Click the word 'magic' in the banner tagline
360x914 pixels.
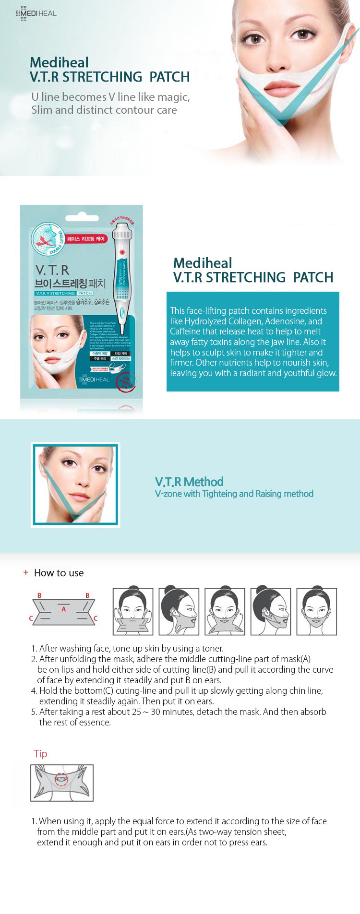pos(175,97)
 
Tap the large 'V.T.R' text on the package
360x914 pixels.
pos(52,270)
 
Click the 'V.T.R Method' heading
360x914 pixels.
pos(189,482)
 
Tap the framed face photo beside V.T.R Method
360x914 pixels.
pos(75,485)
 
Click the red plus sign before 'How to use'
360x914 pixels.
pos(26,572)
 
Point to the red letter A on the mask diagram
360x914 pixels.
pos(63,609)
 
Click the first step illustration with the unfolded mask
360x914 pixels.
pos(133,612)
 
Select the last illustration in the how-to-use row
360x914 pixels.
pos(317,612)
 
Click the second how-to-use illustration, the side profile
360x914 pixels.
pos(179,612)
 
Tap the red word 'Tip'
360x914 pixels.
pos(40,754)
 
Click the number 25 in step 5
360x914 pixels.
pos(136,712)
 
